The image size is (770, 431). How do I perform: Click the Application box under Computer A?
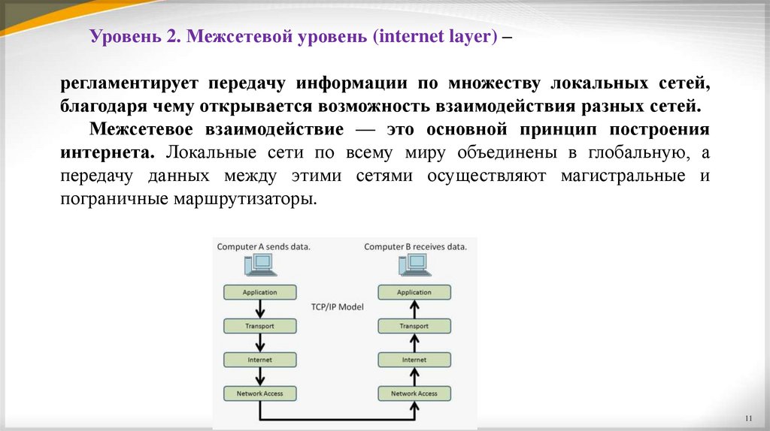tap(260, 292)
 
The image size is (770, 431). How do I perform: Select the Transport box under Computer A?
tap(260, 326)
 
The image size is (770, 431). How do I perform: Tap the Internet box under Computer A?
tap(260, 360)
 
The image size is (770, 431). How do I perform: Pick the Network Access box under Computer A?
tap(260, 393)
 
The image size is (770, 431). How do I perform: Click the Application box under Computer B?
tap(414, 292)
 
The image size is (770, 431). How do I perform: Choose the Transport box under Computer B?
tap(414, 326)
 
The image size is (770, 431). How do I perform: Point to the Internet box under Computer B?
tap(414, 360)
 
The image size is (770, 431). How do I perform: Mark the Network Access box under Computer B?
tap(414, 393)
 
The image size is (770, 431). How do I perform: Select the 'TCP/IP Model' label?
tap(337, 307)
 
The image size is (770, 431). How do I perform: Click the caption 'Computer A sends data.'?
tap(264, 246)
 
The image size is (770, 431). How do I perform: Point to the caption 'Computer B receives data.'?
tap(415, 246)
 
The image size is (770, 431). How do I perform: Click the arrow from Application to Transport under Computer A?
tap(260, 309)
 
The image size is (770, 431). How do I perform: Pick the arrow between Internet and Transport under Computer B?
tap(414, 343)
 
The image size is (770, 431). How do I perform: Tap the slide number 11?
tap(747, 417)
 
